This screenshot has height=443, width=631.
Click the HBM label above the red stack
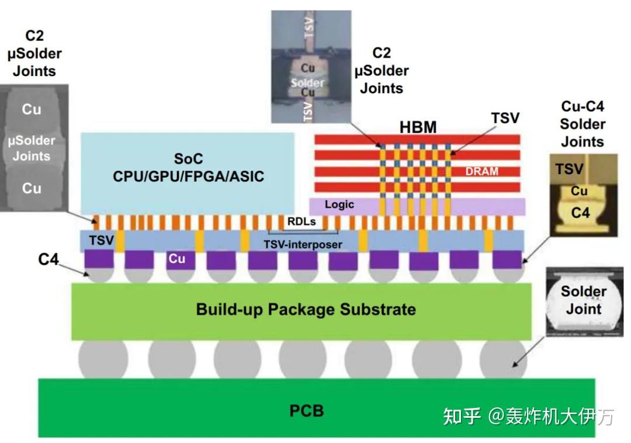(418, 126)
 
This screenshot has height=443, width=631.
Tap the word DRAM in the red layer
(482, 171)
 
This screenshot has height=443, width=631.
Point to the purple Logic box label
(339, 205)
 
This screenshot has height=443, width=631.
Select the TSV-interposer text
(303, 244)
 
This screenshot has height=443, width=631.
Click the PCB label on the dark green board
(306, 410)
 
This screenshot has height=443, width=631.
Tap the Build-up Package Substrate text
(306, 309)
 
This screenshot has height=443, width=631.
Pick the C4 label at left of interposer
(48, 259)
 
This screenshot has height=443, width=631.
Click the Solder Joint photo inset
(583, 302)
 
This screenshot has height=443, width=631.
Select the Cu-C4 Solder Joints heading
(583, 124)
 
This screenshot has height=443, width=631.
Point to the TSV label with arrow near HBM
(505, 117)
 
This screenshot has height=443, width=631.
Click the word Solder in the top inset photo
(307, 83)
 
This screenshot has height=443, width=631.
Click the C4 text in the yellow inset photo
(580, 213)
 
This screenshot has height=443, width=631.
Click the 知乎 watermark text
(462, 417)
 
